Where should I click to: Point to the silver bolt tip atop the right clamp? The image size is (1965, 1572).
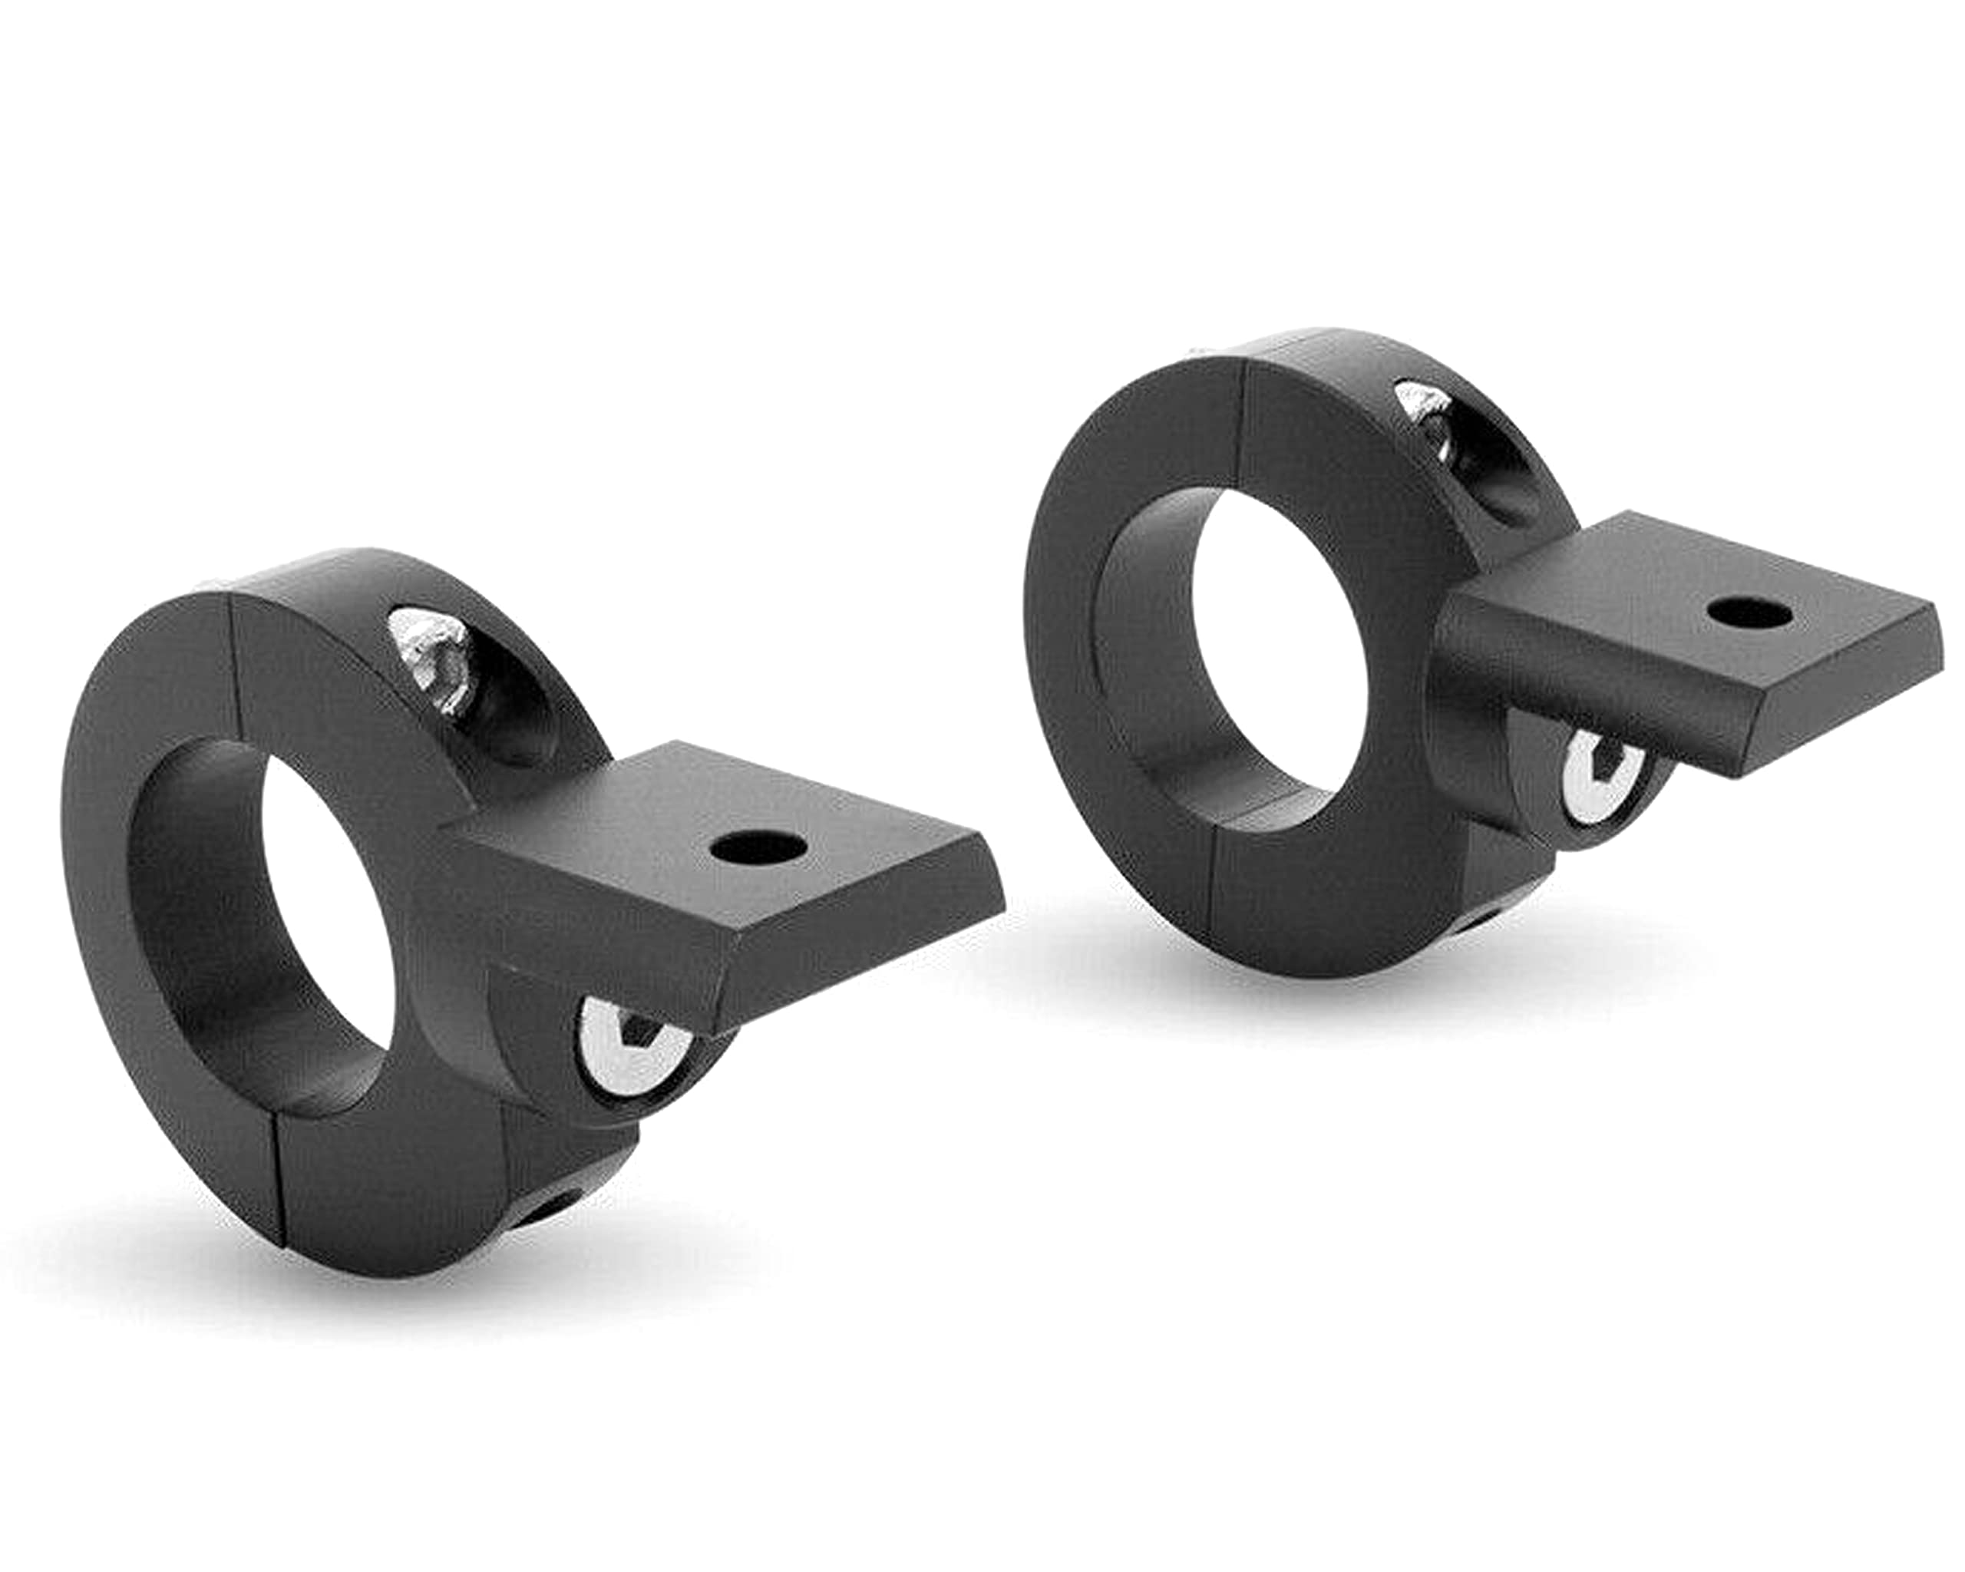coord(1425,409)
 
